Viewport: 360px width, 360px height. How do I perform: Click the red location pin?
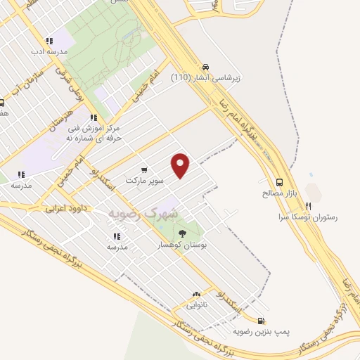[181, 165]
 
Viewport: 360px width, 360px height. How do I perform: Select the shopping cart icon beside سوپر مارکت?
[144, 169]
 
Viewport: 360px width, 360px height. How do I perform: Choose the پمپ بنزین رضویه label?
[262, 330]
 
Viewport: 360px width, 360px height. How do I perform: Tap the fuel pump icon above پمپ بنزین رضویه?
[262, 319]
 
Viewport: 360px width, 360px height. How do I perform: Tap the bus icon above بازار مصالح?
[280, 181]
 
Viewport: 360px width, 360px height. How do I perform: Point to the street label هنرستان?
[60, 122]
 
